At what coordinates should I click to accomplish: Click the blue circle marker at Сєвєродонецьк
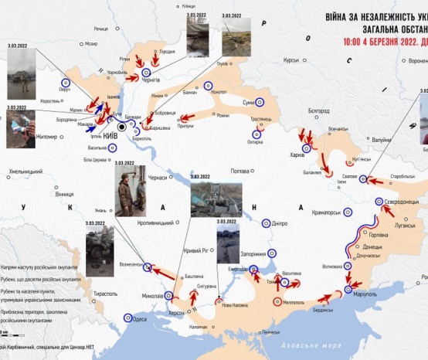click(379, 202)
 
